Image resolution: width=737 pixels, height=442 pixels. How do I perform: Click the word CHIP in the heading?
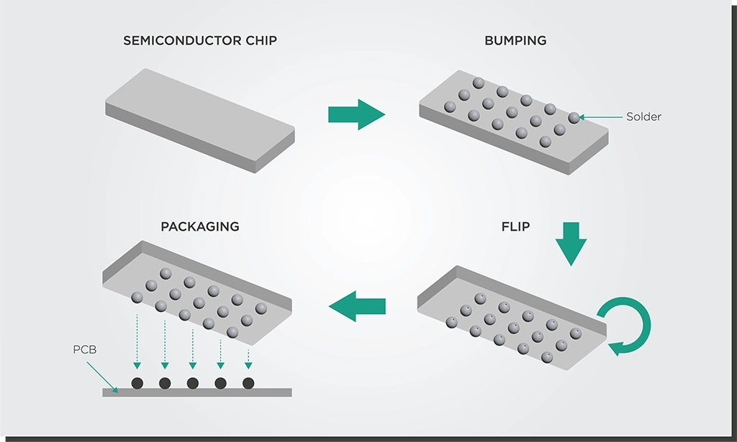(x=261, y=41)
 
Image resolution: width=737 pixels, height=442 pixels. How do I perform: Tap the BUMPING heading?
(x=515, y=41)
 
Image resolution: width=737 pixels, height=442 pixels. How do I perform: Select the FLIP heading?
(x=515, y=226)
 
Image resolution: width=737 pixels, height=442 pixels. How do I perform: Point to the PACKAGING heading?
(x=200, y=226)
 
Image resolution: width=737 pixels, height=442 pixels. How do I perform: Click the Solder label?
(x=643, y=117)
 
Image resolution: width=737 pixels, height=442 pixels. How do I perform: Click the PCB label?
(x=85, y=349)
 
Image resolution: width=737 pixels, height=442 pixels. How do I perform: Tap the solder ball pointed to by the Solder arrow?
(x=574, y=118)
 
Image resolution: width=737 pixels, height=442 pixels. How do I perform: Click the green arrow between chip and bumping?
(x=357, y=114)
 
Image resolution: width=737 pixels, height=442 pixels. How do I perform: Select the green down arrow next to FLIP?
(x=571, y=244)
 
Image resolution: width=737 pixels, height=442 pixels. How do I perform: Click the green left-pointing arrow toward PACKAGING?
(x=357, y=306)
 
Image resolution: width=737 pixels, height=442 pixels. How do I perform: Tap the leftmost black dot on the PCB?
(x=137, y=383)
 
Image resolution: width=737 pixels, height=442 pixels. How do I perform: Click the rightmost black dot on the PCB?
(x=248, y=383)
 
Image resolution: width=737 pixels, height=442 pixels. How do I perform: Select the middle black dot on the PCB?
(x=193, y=383)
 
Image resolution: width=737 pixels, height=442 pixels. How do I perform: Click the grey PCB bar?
(x=197, y=392)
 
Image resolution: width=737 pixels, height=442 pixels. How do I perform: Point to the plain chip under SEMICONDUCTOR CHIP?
(x=200, y=121)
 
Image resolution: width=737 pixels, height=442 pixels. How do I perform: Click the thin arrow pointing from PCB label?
(x=102, y=377)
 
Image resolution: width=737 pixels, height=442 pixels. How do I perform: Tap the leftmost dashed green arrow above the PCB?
(x=137, y=341)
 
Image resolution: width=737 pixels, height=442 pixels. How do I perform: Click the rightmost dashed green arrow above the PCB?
(x=248, y=359)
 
